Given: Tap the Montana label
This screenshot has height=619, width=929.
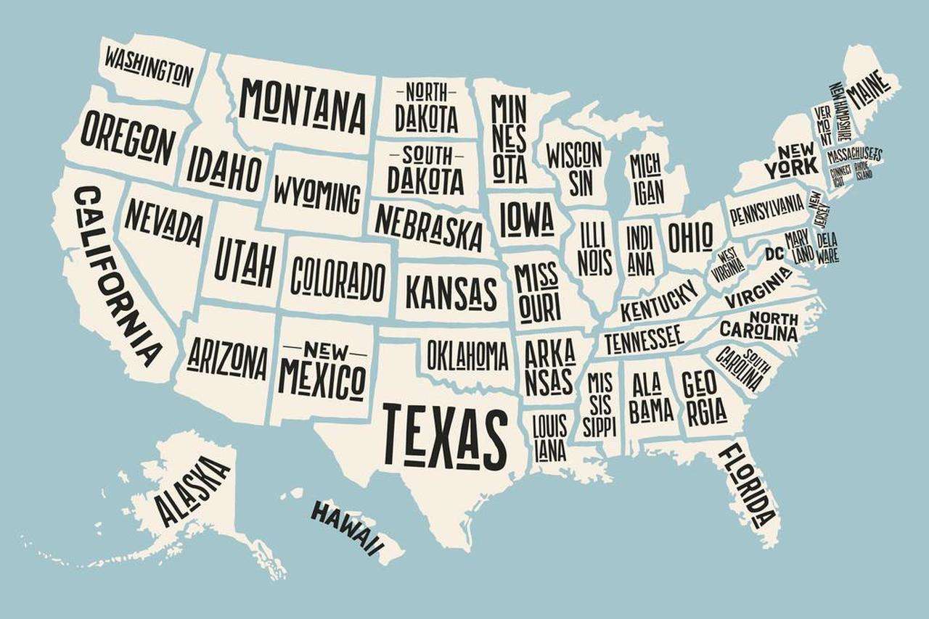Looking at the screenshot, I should click(x=303, y=106).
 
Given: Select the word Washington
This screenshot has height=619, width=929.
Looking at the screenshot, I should click(x=149, y=66).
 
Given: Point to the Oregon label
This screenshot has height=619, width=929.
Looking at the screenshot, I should click(x=128, y=136).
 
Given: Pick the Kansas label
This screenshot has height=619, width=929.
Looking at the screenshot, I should click(x=451, y=292).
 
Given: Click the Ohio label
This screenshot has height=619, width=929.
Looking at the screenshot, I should click(x=690, y=236).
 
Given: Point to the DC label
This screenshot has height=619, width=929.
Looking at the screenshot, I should click(x=774, y=253).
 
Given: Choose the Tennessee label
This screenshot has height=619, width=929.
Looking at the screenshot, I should click(x=643, y=338).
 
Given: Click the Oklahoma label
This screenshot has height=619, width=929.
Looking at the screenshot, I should click(x=467, y=355).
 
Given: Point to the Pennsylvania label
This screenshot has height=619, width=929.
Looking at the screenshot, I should click(x=766, y=209).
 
